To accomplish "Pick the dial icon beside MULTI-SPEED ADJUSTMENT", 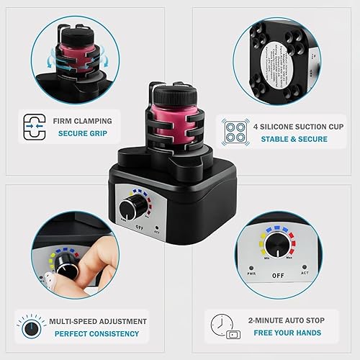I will [31, 327].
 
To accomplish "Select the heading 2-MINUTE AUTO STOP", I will [283, 320].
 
